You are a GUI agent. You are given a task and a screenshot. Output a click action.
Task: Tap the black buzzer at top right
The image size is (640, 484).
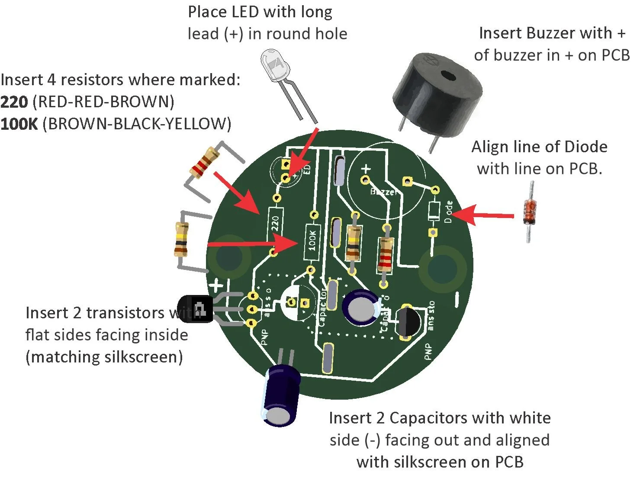point(437,93)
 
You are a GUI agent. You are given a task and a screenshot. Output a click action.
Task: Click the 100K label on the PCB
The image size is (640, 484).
point(312,240)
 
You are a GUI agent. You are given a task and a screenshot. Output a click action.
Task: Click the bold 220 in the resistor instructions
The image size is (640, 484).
point(14,102)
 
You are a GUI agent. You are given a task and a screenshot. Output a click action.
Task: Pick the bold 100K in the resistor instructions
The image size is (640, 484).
point(19,124)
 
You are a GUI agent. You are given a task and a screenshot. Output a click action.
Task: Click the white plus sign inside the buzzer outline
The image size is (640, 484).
point(366,168)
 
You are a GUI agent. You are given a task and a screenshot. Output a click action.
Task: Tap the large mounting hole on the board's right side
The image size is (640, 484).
point(442,269)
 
